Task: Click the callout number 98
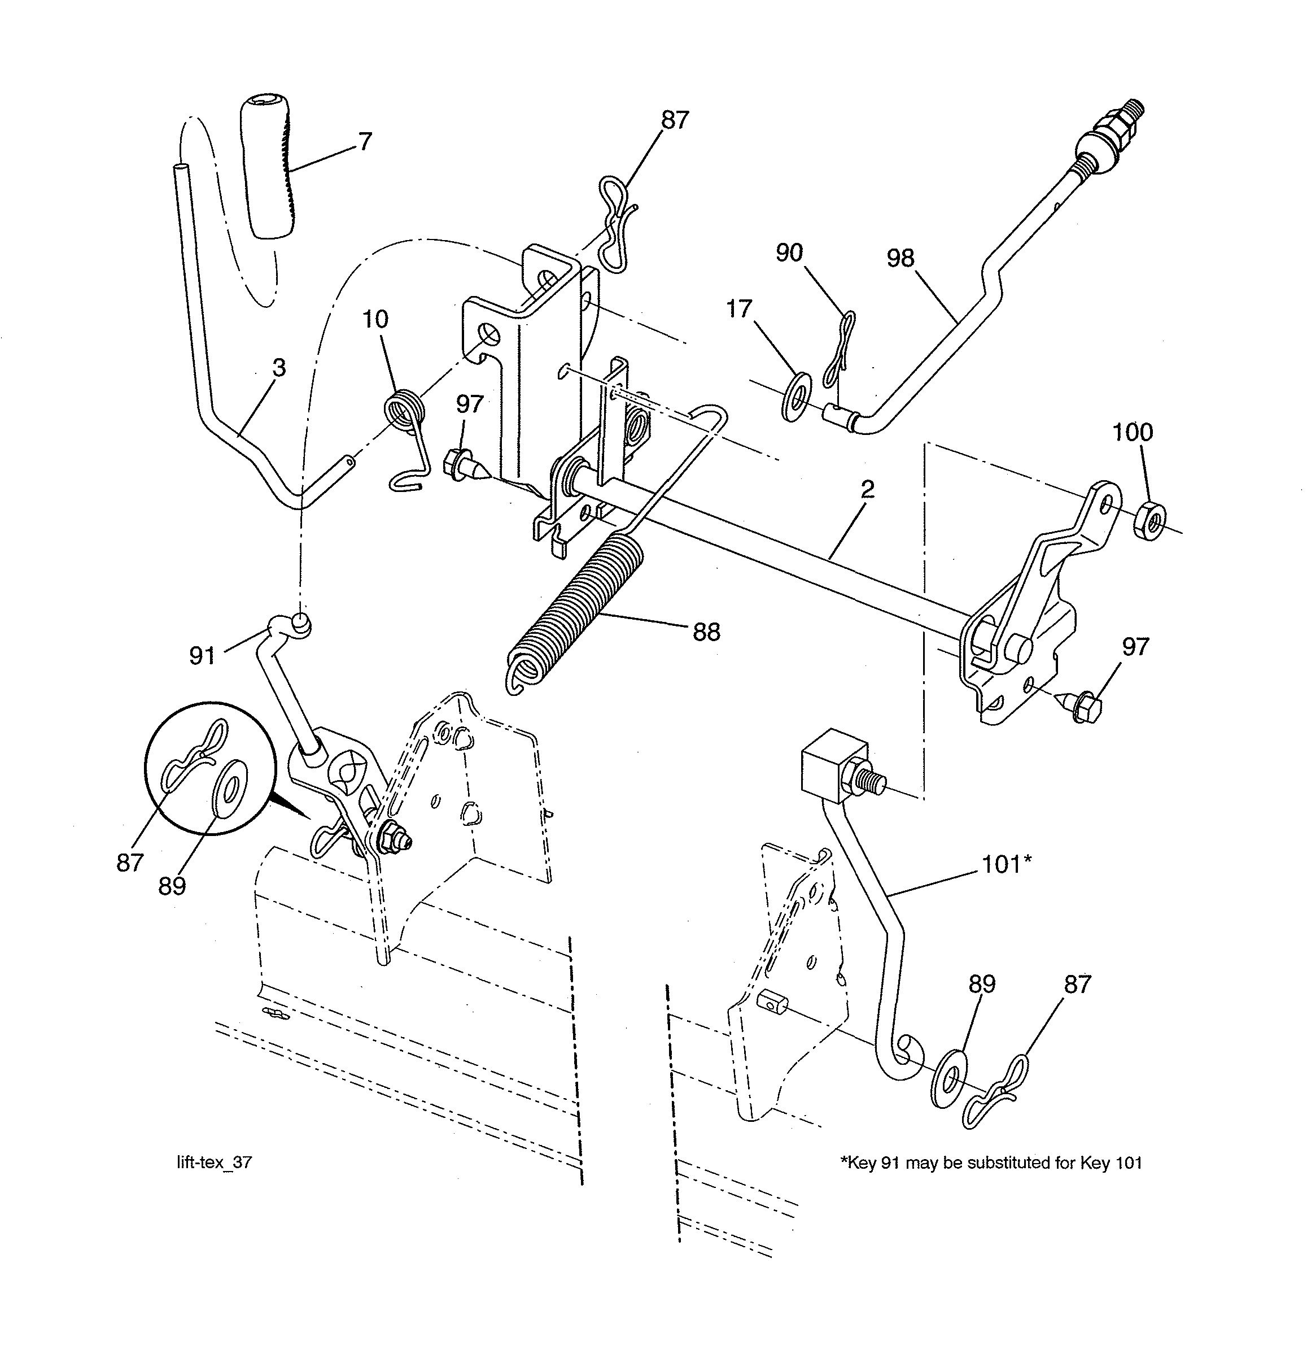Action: click(x=899, y=259)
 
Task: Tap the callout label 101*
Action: click(x=1006, y=864)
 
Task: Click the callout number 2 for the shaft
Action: click(x=867, y=489)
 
